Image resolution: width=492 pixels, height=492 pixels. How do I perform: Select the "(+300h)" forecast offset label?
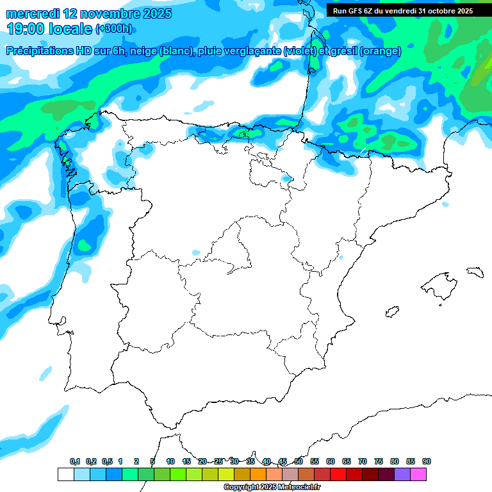[x=114, y=29]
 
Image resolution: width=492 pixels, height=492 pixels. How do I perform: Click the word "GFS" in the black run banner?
[x=356, y=11]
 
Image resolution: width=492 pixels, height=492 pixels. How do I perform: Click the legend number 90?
[x=427, y=461]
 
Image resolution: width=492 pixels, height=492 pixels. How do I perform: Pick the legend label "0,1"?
[x=75, y=461]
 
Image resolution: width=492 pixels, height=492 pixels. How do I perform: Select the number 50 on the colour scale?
[x=299, y=461]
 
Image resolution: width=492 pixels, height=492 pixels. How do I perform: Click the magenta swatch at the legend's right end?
[x=418, y=474]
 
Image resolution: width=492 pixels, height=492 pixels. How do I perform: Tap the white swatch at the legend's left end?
[x=65, y=474]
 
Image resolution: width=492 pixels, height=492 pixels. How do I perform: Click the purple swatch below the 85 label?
[x=402, y=474]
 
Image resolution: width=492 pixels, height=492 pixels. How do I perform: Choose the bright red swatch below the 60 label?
[x=338, y=474]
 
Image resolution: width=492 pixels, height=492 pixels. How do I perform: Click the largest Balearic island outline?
[x=441, y=282]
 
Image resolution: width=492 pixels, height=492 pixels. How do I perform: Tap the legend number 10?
[x=170, y=461]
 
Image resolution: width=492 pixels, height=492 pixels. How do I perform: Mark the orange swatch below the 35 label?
[x=258, y=474]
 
